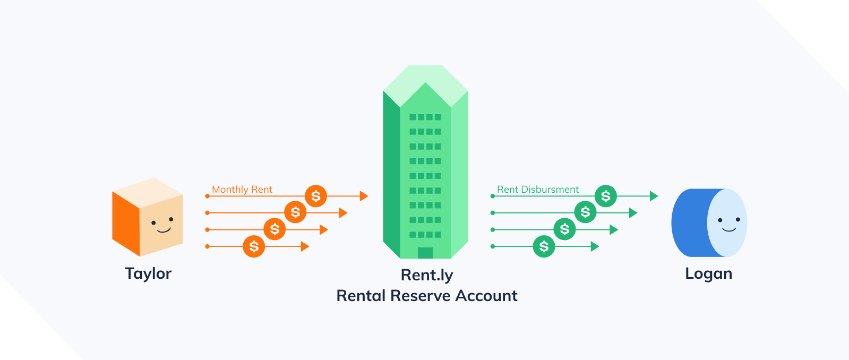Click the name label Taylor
pyautogui.click(x=148, y=273)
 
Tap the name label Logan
pyautogui.click(x=708, y=273)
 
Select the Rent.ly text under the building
pyautogui.click(x=427, y=275)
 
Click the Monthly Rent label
pyautogui.click(x=242, y=190)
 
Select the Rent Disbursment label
pyautogui.click(x=538, y=190)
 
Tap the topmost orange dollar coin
pyautogui.click(x=316, y=196)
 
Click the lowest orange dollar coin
pyautogui.click(x=254, y=246)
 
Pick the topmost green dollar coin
pyautogui.click(x=605, y=196)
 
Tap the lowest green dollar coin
pyautogui.click(x=544, y=246)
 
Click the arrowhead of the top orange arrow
pyautogui.click(x=364, y=196)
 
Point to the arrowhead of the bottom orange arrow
pyautogui.click(x=305, y=246)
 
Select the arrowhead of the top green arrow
pyautogui.click(x=654, y=196)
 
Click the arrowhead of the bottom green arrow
pyautogui.click(x=595, y=246)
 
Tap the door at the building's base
pyautogui.click(x=425, y=253)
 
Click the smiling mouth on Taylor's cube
pyautogui.click(x=164, y=230)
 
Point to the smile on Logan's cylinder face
pyautogui.click(x=729, y=230)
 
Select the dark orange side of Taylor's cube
pyautogui.click(x=125, y=223)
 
